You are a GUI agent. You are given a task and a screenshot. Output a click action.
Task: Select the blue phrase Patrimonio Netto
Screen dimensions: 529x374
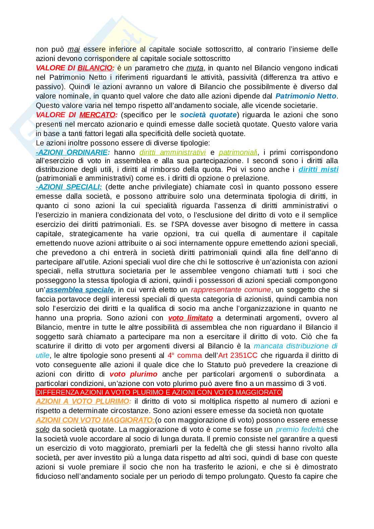click(x=306, y=96)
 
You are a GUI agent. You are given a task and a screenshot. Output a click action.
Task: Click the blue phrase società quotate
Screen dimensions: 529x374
click(x=208, y=115)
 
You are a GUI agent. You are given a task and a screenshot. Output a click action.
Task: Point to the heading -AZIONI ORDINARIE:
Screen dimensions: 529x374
click(x=73, y=152)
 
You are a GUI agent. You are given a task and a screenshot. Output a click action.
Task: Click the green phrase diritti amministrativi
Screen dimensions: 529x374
click(x=172, y=152)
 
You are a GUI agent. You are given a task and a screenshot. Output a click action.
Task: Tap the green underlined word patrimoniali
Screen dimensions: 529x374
click(x=238, y=152)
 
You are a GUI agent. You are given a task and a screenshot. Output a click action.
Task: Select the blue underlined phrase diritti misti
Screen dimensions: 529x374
click(x=318, y=170)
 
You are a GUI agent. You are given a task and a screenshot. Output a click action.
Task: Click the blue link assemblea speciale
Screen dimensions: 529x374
click(x=80, y=290)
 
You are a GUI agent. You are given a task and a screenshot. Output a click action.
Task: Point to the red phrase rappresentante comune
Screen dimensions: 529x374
click(x=231, y=290)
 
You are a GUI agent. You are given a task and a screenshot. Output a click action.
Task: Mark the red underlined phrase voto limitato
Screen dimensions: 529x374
click(x=190, y=318)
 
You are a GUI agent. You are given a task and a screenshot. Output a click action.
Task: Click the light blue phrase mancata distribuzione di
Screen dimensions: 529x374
click(x=296, y=346)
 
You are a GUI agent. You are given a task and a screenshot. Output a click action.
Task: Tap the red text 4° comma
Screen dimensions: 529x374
click(x=185, y=355)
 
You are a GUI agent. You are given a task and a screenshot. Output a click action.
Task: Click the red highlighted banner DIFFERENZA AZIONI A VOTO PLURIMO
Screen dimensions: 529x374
click(x=159, y=392)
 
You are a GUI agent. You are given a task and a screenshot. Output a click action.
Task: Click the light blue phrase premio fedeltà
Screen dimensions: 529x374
click(x=300, y=429)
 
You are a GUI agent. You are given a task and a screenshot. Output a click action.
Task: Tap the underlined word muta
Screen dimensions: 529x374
click(x=195, y=68)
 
